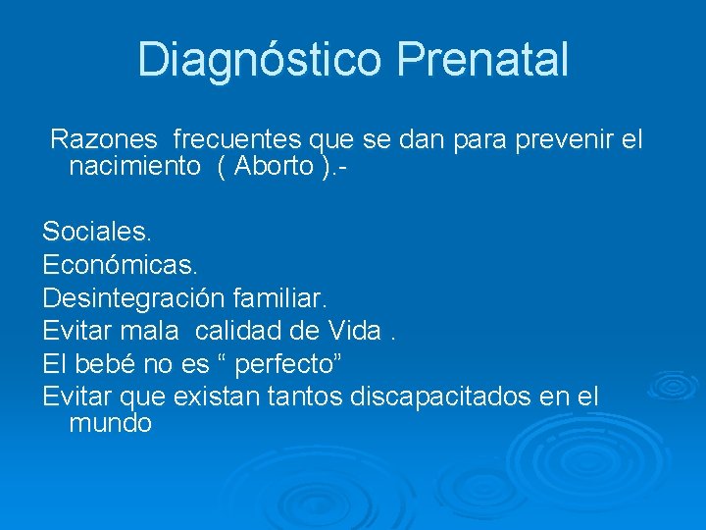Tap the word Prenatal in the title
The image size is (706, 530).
482,60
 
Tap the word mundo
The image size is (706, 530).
111,424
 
